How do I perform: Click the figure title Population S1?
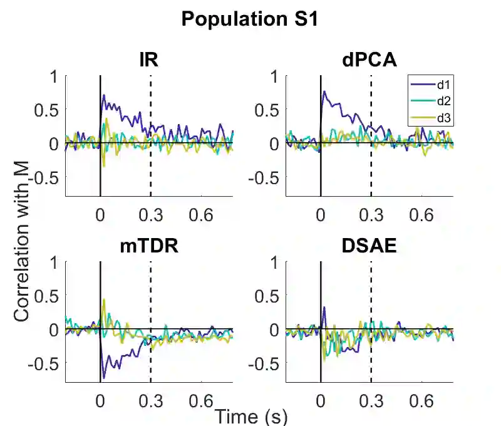click(250, 19)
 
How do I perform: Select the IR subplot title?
click(148, 60)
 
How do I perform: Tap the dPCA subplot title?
click(369, 60)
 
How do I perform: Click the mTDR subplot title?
click(149, 246)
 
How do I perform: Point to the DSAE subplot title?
click(369, 246)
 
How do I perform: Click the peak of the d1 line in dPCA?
click(324, 91)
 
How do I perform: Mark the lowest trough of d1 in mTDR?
click(103, 379)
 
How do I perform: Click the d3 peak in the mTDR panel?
click(104, 299)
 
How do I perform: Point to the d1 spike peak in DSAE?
click(324, 307)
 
